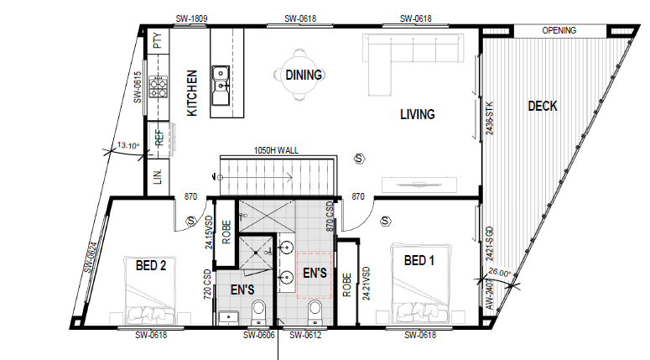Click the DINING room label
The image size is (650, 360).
click(304, 75)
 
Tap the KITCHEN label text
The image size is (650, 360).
click(192, 93)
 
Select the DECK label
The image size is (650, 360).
click(543, 107)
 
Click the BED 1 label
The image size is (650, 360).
click(419, 260)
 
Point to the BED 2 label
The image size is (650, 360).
click(151, 265)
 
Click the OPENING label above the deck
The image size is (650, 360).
click(559, 30)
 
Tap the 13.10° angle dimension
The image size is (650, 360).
click(128, 145)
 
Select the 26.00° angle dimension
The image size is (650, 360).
click(500, 273)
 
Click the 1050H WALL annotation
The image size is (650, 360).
click(276, 150)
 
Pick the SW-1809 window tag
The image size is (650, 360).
click(191, 18)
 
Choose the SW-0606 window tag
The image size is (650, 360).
click(259, 335)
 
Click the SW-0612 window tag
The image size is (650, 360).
click(305, 335)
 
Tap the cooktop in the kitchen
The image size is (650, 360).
click(159, 86)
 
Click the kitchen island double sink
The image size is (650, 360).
click(221, 86)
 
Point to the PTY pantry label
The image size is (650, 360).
click(158, 40)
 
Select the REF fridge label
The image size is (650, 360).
click(159, 138)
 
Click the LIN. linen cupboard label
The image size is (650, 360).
click(158, 176)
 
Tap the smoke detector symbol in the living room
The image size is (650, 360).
click(360, 159)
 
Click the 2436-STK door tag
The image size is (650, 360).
click(490, 118)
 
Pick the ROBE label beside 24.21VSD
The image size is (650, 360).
click(347, 284)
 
